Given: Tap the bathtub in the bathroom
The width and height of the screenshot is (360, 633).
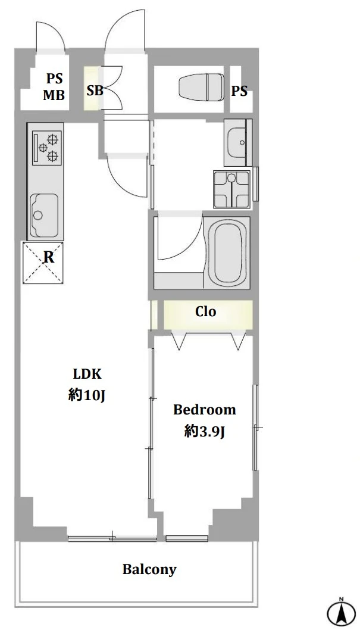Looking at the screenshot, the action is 230,252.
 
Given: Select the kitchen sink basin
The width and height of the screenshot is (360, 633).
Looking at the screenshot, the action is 44,215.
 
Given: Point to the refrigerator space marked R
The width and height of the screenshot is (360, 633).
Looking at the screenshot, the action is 43,263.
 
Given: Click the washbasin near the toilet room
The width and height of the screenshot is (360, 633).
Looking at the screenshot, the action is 238,142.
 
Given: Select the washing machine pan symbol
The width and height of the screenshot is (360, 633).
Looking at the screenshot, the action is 231,189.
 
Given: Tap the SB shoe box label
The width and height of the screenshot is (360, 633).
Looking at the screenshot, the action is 95,91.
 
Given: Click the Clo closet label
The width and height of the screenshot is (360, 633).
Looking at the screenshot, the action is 206,311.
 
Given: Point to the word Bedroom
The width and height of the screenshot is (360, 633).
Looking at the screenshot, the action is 205,410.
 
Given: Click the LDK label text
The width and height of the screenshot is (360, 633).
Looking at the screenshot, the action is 87,374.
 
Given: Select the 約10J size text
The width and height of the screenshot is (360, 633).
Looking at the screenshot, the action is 87,396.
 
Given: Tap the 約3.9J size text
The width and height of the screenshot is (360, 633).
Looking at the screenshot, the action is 204,432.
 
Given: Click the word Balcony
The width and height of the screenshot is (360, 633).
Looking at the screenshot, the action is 149,570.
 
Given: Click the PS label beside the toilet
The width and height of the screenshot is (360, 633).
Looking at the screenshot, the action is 239,91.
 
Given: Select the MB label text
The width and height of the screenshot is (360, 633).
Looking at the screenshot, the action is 54,95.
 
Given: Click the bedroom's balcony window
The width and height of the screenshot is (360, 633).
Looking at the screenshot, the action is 186,538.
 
